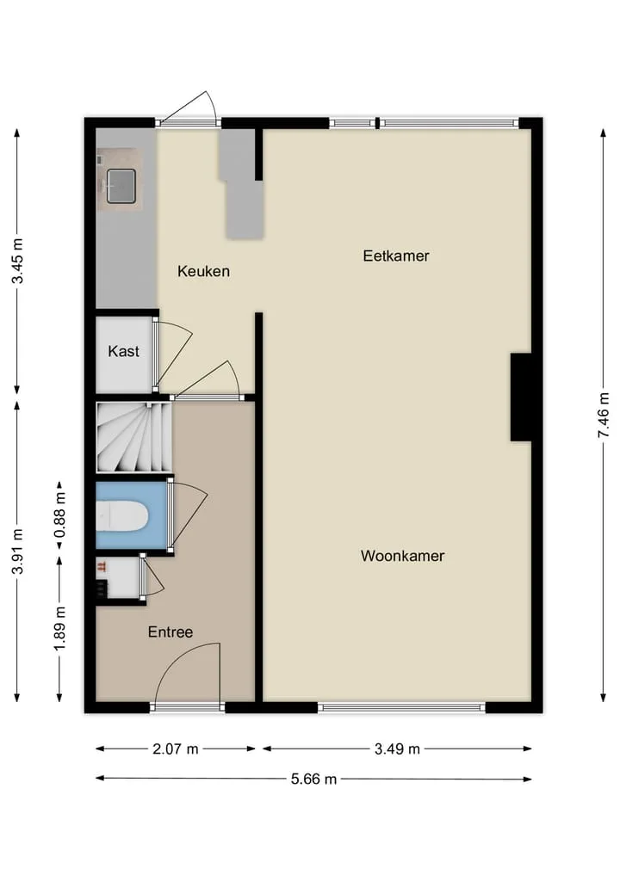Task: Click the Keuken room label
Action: click(x=203, y=271)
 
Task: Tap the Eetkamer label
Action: click(x=396, y=256)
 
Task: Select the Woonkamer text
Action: click(x=403, y=556)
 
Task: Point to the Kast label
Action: click(x=123, y=351)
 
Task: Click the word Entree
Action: click(x=170, y=632)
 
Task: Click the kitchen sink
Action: click(x=121, y=186)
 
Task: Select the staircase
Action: click(x=134, y=437)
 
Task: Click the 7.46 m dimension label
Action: click(x=604, y=416)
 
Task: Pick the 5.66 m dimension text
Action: click(x=314, y=779)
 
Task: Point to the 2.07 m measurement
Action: click(x=176, y=749)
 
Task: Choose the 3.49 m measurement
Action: click(x=397, y=749)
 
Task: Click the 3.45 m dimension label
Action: click(x=18, y=261)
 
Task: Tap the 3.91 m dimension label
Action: click(x=18, y=551)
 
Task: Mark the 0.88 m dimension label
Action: click(x=59, y=515)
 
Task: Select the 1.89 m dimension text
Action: click(x=59, y=628)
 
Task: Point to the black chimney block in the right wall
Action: click(x=521, y=397)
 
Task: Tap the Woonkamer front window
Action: click(x=401, y=707)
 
